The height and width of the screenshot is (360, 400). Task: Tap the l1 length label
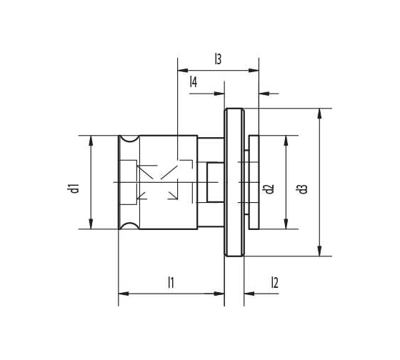[x=171, y=282]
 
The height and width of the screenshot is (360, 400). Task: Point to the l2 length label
[x=274, y=282]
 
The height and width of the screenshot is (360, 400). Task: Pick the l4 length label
[x=194, y=83]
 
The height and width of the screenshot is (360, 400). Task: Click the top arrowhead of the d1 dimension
[x=91, y=140]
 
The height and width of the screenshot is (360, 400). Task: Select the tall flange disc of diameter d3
[x=234, y=182]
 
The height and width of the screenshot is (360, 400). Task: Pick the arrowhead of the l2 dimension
[x=250, y=293]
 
